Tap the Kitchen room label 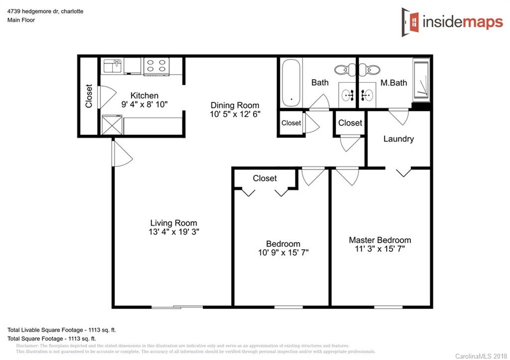[144, 96]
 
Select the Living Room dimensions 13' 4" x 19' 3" [174, 232]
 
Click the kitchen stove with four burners [156, 66]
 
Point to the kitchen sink [112, 66]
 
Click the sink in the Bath [348, 94]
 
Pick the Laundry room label [398, 139]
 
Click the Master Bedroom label [380, 240]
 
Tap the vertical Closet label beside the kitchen [89, 96]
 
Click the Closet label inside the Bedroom [264, 178]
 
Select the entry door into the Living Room [121, 153]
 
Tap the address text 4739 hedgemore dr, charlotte [45, 11]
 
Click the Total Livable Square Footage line [61, 330]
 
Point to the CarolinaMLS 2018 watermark [480, 356]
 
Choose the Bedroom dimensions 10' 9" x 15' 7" [283, 252]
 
